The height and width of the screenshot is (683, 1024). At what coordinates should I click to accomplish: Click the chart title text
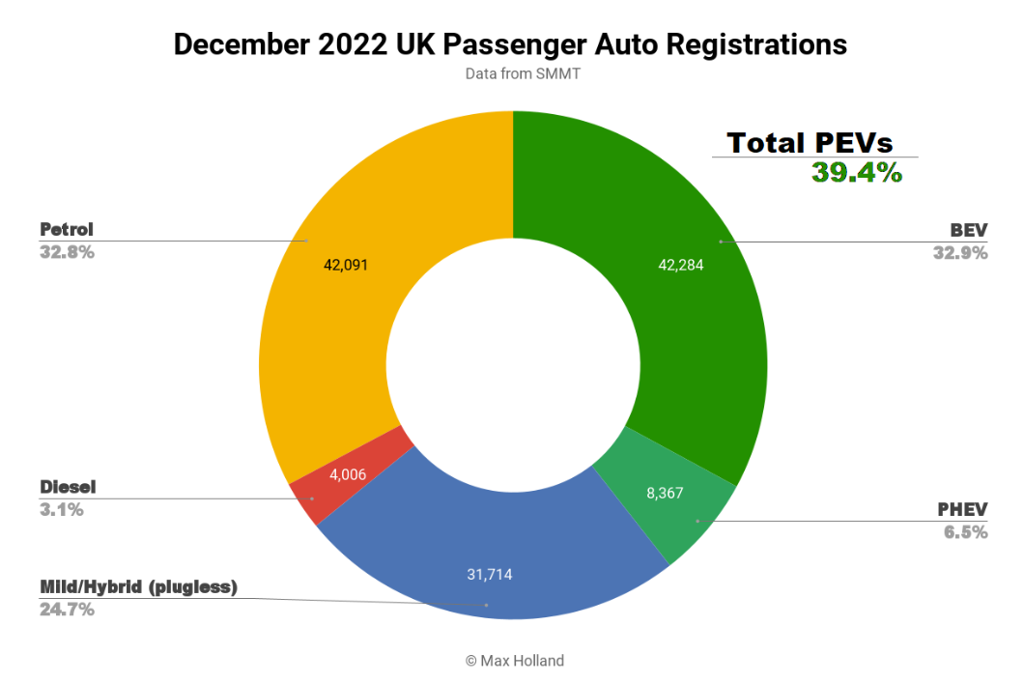coord(510,44)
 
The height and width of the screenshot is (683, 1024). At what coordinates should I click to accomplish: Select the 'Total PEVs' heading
coord(810,143)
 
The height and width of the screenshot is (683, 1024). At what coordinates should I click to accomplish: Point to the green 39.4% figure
coord(856,173)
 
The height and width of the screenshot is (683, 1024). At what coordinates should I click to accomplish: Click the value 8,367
coord(665,493)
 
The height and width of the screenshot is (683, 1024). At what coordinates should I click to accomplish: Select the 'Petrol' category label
coord(67,230)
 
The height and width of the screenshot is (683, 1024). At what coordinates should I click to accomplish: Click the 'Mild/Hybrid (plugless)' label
coord(138,586)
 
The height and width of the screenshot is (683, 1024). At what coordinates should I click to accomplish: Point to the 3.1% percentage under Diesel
coord(62,509)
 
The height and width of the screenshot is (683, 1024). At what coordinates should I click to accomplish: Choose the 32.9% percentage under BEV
coord(960,253)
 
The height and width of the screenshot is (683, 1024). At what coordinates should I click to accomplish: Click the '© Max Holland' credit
coord(515,661)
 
